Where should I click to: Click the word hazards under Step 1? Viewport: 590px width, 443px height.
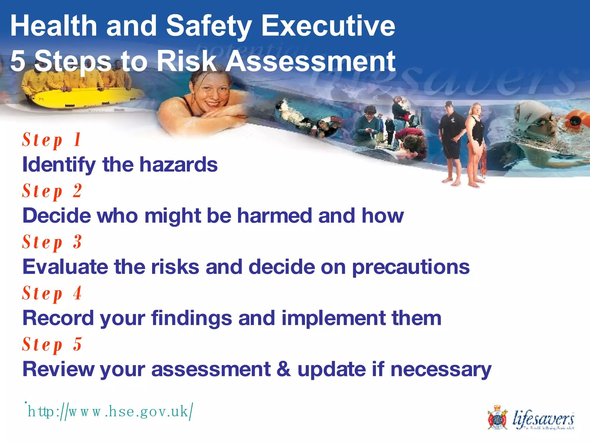click(x=178, y=165)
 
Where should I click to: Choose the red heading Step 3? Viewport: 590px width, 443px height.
click(x=52, y=243)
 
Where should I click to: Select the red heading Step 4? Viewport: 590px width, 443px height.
click(x=52, y=294)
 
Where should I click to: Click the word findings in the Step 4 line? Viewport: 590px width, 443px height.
click(x=192, y=318)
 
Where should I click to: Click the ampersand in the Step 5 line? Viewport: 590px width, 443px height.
click(x=284, y=369)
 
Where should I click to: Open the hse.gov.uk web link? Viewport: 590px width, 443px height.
click(x=109, y=412)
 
